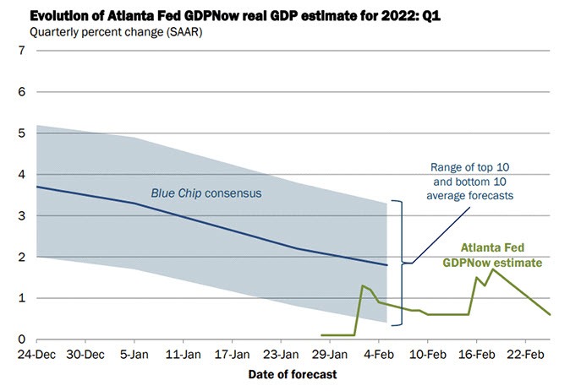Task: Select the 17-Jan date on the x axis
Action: (x=230, y=353)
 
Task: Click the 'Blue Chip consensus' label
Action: (x=206, y=193)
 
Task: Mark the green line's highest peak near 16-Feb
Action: (x=493, y=269)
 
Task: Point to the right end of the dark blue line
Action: (x=387, y=265)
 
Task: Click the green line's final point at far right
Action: (x=551, y=315)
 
